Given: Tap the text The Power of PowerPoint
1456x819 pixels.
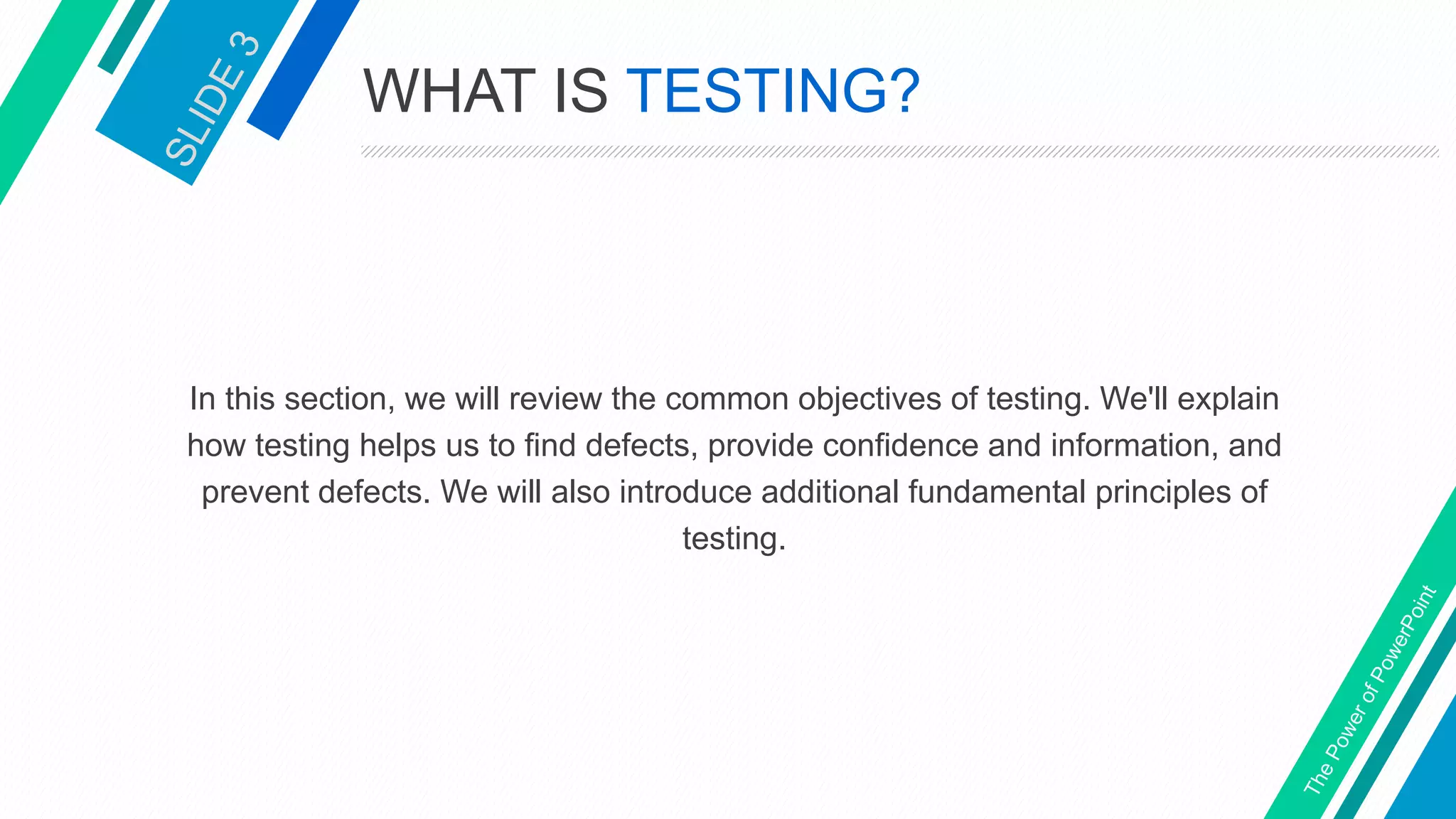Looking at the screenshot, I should [x=1369, y=690].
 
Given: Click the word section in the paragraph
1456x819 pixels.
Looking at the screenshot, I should [x=340, y=400].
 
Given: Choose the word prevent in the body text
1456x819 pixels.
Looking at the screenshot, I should [x=255, y=493].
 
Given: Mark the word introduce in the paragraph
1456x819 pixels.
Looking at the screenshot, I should [x=685, y=492].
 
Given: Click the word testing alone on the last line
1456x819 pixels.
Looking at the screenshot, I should [x=734, y=539].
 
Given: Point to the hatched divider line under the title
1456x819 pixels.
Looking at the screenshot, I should [x=899, y=151].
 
